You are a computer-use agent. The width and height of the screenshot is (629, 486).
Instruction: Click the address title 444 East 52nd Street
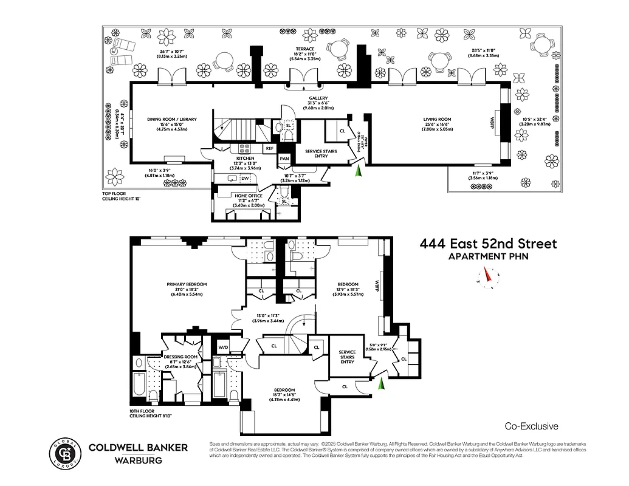tap(488, 244)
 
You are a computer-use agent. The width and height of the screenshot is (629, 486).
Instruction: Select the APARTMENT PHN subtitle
tap(488, 256)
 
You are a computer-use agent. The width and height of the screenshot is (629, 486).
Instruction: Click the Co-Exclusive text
tap(531, 426)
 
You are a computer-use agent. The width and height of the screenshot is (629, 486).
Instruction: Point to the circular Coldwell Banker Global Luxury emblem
tap(65, 453)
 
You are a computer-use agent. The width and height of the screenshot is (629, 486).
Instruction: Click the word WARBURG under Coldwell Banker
tap(139, 460)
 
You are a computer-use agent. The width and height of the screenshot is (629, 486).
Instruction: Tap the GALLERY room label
tap(318, 98)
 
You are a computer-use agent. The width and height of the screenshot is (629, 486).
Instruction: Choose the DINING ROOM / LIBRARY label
tap(173, 120)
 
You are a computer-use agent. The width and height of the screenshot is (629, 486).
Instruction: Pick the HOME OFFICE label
tap(249, 196)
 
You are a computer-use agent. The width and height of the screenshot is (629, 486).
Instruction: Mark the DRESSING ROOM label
tap(181, 357)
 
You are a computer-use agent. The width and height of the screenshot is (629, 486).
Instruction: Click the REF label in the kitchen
tap(270, 148)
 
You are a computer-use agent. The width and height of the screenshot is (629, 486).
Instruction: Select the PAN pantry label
tap(284, 158)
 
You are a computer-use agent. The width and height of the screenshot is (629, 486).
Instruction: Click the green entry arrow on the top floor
tap(359, 173)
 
